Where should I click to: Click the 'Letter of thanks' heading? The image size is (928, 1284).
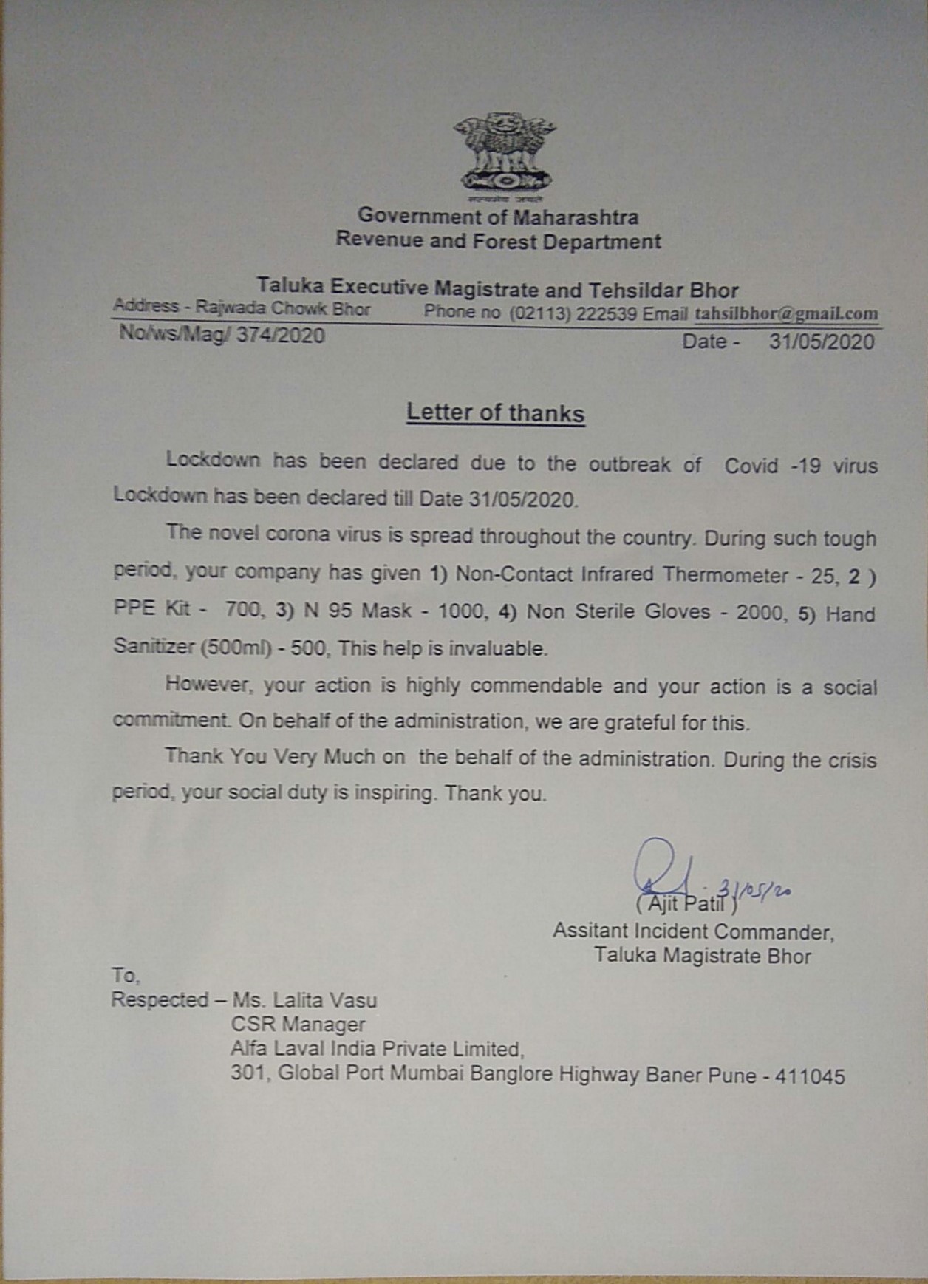tap(495, 412)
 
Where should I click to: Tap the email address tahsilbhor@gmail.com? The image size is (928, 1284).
tap(786, 313)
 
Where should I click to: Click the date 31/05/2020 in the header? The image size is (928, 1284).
tap(821, 342)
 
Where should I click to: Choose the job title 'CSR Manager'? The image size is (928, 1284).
tap(298, 1025)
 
